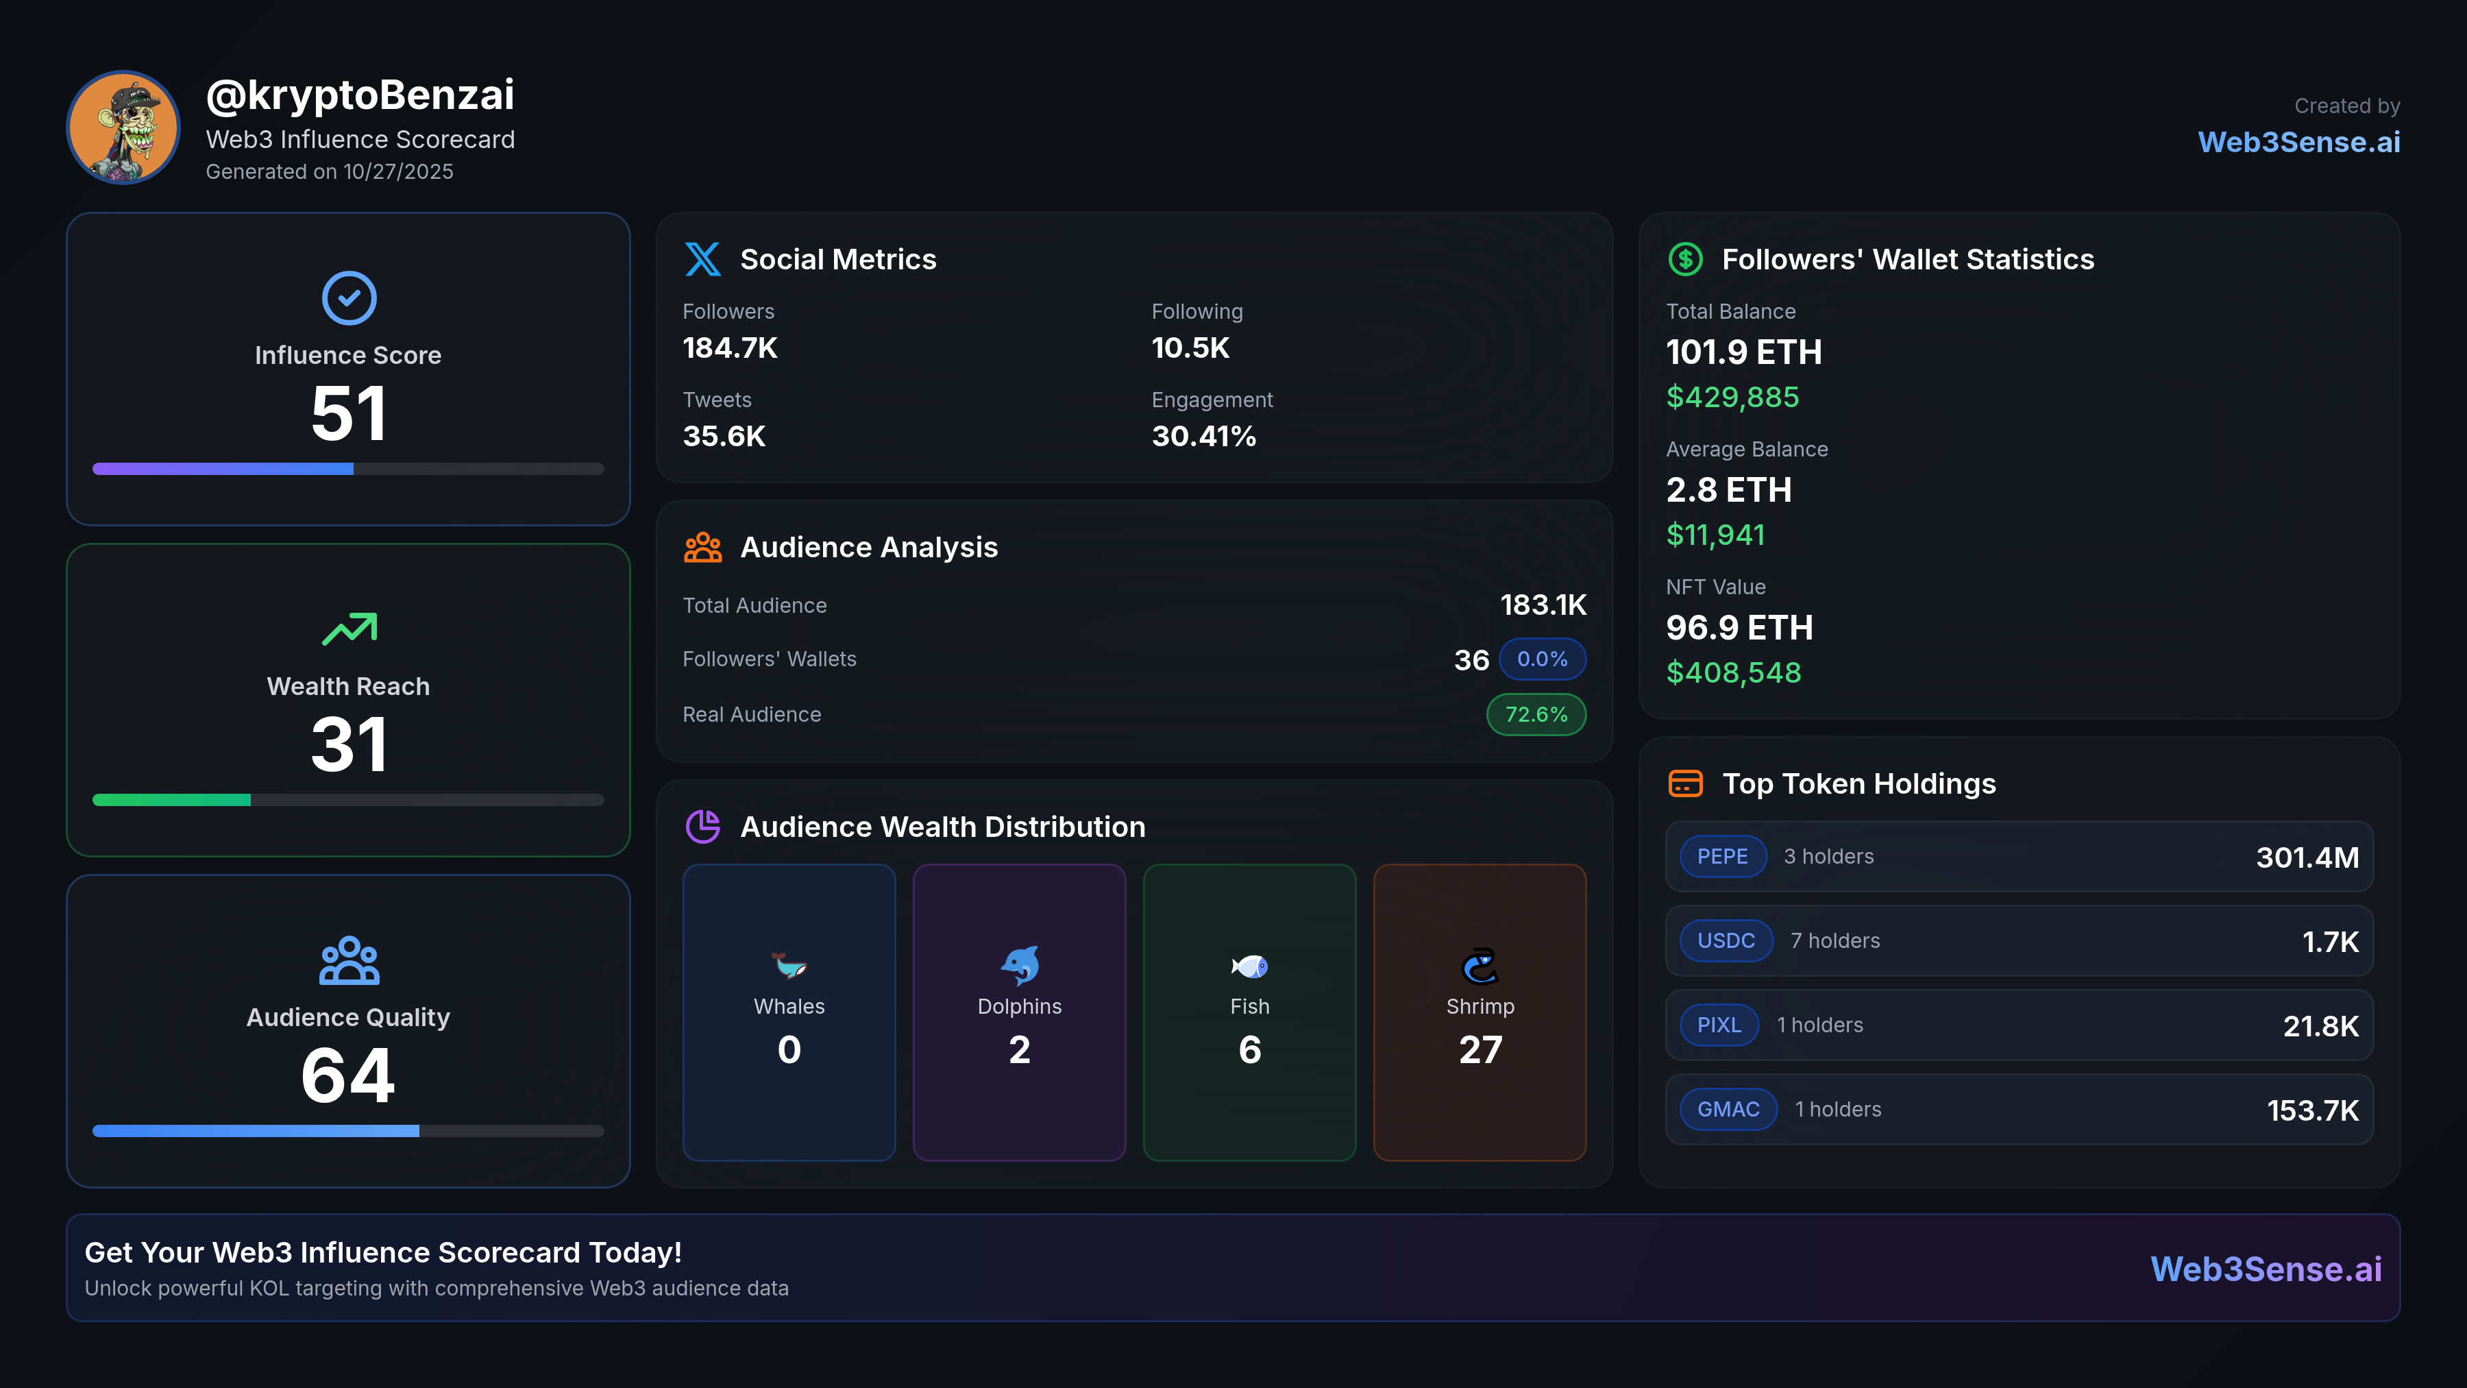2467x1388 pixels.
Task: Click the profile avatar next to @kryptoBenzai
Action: click(x=123, y=127)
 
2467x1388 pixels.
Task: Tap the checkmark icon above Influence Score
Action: click(x=349, y=298)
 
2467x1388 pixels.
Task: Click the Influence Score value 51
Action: click(x=349, y=414)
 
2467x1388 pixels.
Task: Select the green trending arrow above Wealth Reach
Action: click(x=349, y=629)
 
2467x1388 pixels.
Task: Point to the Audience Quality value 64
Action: click(x=349, y=1075)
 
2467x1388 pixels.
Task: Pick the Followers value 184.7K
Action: click(x=730, y=348)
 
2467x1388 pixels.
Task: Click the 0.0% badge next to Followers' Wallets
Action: click(x=1542, y=659)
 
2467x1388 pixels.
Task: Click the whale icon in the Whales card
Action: click(x=789, y=966)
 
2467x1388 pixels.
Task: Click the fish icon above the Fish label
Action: click(x=1250, y=966)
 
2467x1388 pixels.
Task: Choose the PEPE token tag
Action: click(x=1722, y=856)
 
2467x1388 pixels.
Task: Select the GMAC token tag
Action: click(x=1728, y=1109)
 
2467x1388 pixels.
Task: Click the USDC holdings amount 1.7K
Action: click(x=2330, y=942)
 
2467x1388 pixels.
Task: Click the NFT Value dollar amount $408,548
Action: click(x=1734, y=672)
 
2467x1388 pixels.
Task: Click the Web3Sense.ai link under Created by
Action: click(x=2298, y=142)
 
